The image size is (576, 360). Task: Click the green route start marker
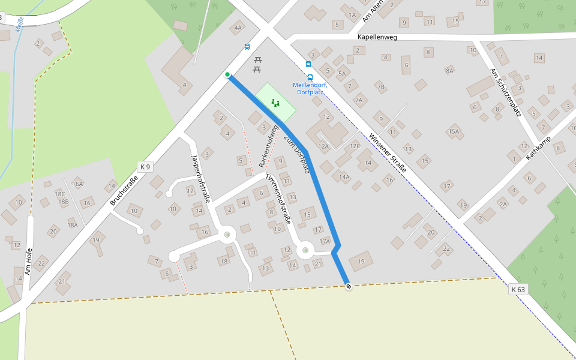pyautogui.click(x=227, y=75)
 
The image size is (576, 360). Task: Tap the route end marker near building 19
pyautogui.click(x=349, y=286)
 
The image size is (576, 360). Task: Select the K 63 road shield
pyautogui.click(x=518, y=290)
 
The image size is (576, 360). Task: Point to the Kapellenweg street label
pyautogui.click(x=377, y=37)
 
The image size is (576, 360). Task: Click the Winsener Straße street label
pyautogui.click(x=387, y=153)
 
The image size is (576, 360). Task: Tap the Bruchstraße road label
pyautogui.click(x=124, y=191)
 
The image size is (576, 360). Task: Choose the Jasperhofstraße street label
pyautogui.click(x=200, y=179)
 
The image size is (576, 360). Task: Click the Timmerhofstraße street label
pyautogui.click(x=278, y=199)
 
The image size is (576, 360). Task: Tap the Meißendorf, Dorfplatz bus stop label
pyautogui.click(x=309, y=88)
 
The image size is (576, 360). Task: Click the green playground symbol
pyautogui.click(x=275, y=103)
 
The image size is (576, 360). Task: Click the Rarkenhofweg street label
pyautogui.click(x=268, y=146)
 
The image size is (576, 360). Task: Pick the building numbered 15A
pyautogui.click(x=453, y=131)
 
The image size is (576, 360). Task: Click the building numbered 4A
pyautogui.click(x=238, y=28)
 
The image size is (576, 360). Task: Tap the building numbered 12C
pyautogui.click(x=355, y=146)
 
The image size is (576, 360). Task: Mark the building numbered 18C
pyautogui.click(x=59, y=194)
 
